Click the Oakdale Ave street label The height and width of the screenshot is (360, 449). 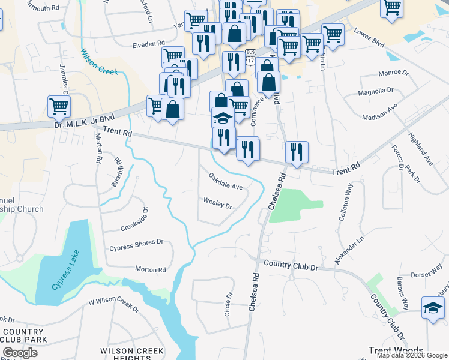click(x=226, y=182)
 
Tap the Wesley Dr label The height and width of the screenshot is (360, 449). click(x=217, y=204)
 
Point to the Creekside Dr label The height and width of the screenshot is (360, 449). click(x=133, y=221)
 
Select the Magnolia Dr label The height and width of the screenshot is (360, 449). click(x=375, y=91)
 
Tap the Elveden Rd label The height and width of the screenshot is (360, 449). click(x=149, y=44)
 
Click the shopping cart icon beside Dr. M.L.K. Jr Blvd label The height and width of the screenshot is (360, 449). click(x=59, y=107)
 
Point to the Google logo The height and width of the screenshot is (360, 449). click(x=20, y=352)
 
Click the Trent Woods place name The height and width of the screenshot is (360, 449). click(x=396, y=350)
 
